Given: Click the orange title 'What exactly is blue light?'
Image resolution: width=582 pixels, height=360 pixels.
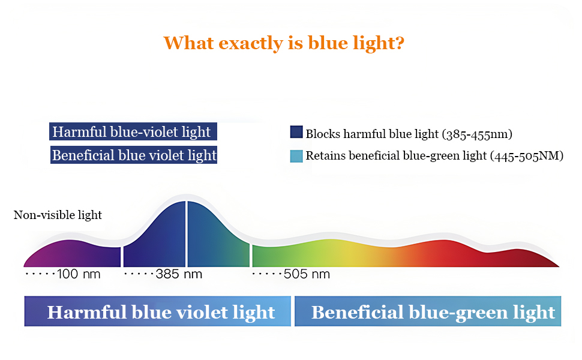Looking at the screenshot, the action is [x=284, y=43].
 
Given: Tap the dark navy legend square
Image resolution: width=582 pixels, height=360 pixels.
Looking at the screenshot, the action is [x=296, y=132].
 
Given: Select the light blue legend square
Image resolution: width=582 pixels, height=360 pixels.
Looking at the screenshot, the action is [x=296, y=156].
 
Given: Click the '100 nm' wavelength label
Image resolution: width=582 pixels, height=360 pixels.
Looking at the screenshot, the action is [x=79, y=274].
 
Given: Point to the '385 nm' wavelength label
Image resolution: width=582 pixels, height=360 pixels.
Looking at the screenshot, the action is [x=179, y=274].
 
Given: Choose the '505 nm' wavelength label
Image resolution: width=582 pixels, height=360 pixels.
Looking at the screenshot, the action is [x=307, y=274].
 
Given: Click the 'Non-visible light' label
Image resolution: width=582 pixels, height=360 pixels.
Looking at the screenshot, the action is [x=58, y=215].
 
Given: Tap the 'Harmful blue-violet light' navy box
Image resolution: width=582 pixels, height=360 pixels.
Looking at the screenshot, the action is [x=133, y=132].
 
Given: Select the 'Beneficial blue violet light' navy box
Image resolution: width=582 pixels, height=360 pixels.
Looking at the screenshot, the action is [x=134, y=155].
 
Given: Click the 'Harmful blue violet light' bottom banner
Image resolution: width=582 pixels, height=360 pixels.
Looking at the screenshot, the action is [x=158, y=311].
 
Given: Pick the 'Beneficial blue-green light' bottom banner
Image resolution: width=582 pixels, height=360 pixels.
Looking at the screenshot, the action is [x=428, y=311].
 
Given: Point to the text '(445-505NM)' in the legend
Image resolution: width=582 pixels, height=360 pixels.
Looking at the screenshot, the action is [x=527, y=156].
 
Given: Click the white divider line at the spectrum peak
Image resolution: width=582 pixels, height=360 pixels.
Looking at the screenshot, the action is [x=187, y=234].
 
